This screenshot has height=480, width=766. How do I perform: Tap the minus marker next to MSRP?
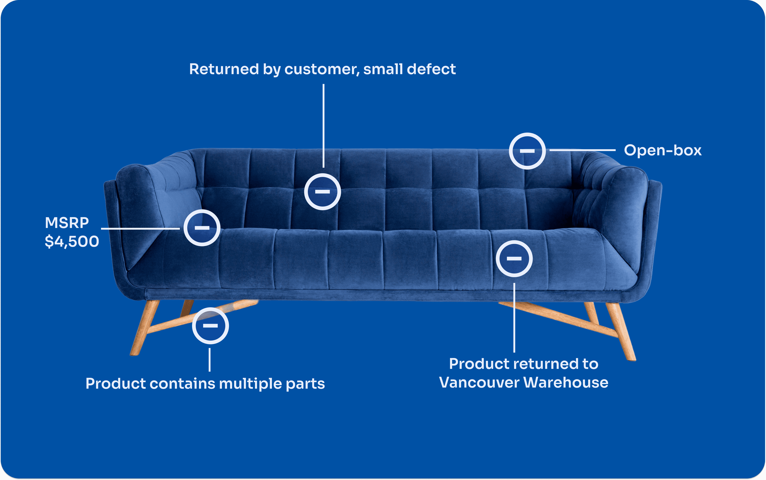click(x=202, y=228)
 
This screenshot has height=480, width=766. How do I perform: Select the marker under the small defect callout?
click(x=322, y=191)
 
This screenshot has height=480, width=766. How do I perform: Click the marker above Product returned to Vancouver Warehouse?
click(x=514, y=258)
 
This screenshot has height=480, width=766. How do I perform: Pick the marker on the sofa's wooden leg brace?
click(x=210, y=325)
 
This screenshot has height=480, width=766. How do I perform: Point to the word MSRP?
click(x=67, y=223)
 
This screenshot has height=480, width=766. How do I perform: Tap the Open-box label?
click(x=663, y=150)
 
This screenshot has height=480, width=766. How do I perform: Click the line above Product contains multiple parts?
click(x=210, y=360)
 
